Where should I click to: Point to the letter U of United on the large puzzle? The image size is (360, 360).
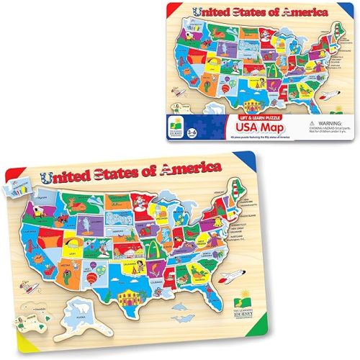[48, 175]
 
